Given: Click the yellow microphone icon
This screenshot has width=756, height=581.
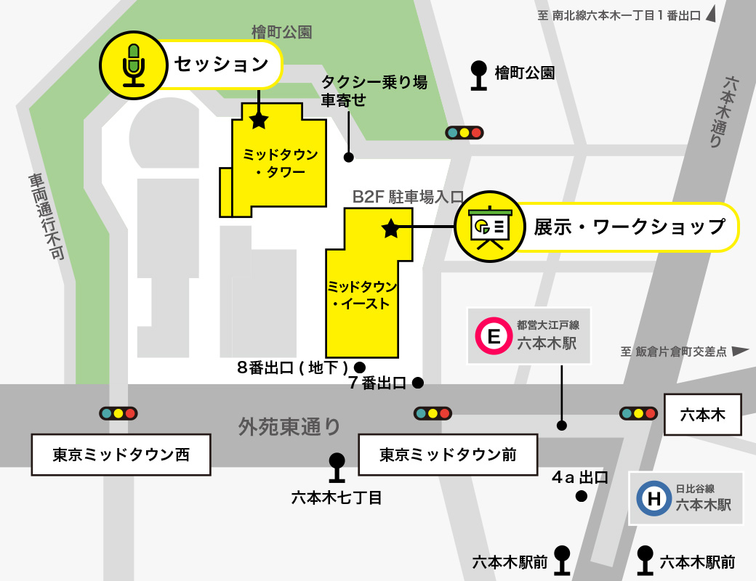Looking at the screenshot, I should tap(133, 64).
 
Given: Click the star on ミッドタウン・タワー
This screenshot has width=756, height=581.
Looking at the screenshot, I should tap(259, 121).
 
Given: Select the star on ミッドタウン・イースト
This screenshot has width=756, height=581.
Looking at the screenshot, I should tap(390, 229).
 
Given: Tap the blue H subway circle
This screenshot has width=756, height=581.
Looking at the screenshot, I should tap(654, 499).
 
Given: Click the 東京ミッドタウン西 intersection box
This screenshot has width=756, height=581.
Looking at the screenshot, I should tap(121, 455).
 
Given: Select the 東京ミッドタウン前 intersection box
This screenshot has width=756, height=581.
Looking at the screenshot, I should tap(448, 455).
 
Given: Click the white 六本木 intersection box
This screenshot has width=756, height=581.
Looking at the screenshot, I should tap(702, 414).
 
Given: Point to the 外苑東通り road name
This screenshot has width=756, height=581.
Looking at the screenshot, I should tap(289, 426).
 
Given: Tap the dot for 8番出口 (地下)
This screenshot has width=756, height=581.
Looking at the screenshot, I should tap(359, 367).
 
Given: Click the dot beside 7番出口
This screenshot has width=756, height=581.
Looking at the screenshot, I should tap(418, 382).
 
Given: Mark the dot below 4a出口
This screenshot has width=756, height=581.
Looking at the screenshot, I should tap(581, 497).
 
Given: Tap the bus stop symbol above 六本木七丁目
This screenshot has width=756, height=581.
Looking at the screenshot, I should tap(337, 468).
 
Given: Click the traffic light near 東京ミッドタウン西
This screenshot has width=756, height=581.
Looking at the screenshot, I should tap(118, 413).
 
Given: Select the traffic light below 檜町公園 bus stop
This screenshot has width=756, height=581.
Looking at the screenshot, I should tap(465, 133).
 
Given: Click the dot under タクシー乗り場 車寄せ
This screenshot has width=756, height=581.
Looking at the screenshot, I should tap(349, 157).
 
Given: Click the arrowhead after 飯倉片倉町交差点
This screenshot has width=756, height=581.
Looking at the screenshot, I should tap(740, 352).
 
